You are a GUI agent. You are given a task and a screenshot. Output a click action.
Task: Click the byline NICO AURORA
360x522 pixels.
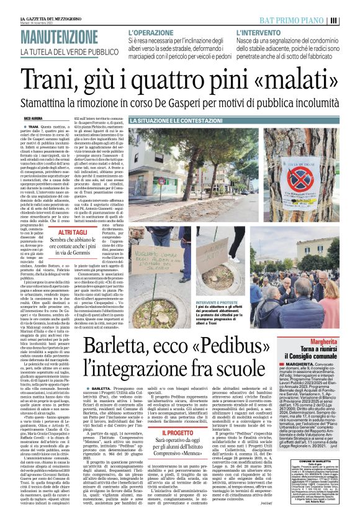tap(32, 117)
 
